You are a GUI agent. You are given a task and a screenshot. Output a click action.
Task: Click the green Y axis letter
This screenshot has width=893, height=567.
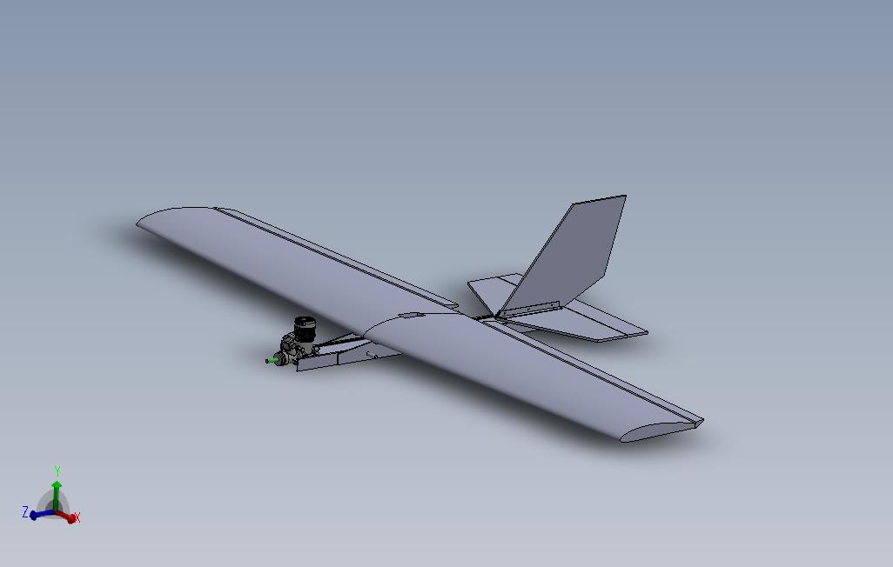tap(57, 471)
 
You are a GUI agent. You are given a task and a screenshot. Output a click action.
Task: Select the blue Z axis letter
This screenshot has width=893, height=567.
tap(25, 512)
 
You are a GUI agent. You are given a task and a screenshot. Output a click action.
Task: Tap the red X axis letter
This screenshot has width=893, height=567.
tap(77, 517)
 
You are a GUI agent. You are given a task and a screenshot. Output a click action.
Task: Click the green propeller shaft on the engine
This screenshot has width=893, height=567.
tap(272, 359)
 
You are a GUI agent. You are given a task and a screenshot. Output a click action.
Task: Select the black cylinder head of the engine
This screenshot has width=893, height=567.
tap(305, 330)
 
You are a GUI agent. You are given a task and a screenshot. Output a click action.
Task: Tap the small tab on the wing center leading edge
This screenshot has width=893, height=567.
tap(409, 315)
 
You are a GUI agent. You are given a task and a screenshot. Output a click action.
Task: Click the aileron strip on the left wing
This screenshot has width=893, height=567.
tap(339, 257)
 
